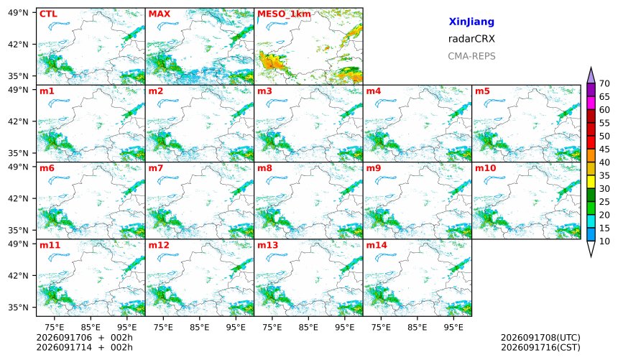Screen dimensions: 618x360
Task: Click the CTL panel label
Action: point(48,14)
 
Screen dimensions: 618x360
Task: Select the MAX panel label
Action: point(160,14)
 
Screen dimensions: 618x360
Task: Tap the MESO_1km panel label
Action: point(284,14)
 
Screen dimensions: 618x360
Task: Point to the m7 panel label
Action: point(155,168)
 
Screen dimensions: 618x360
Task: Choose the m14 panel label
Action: point(377,245)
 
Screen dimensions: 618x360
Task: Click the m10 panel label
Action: point(485,168)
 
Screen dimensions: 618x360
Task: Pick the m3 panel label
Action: point(264,91)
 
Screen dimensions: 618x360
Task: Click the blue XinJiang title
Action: point(471,22)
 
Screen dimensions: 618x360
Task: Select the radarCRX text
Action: point(471,39)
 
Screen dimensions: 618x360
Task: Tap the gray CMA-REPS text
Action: point(471,56)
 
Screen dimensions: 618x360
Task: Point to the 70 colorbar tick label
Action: point(604,83)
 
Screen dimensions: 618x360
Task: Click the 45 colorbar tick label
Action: point(604,149)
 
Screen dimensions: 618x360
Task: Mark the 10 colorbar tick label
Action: point(604,241)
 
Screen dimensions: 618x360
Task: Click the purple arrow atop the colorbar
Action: point(591,75)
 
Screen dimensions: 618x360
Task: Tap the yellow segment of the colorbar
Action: point(591,183)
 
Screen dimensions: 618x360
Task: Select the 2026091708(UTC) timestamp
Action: point(540,338)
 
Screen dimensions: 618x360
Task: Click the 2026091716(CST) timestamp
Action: point(540,348)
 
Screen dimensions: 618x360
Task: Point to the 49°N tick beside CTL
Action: point(18,13)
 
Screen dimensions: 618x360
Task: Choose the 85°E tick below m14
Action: point(418,327)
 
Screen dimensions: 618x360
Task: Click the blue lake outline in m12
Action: point(168,257)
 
